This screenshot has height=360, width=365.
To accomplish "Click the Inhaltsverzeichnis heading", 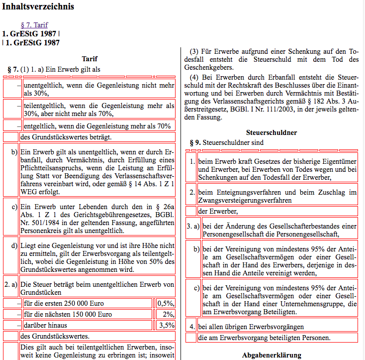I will pos(38,6).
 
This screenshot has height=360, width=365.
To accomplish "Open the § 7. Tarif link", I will pos(34,25).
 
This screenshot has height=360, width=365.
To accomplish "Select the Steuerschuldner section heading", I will pos(271,132).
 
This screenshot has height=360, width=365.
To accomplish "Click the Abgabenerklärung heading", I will pos(271,355).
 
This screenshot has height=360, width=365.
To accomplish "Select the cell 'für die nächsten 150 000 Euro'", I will pos(86,315).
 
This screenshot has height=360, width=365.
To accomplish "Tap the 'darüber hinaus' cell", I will pos(86,326).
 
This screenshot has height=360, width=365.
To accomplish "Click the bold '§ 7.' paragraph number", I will pos(13,69).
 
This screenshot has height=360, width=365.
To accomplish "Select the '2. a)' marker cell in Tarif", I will pos(11,285).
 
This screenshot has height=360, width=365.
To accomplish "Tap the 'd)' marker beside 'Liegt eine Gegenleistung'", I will pos(14,245).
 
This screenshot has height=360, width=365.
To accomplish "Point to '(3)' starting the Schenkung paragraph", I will pos(194,51).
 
